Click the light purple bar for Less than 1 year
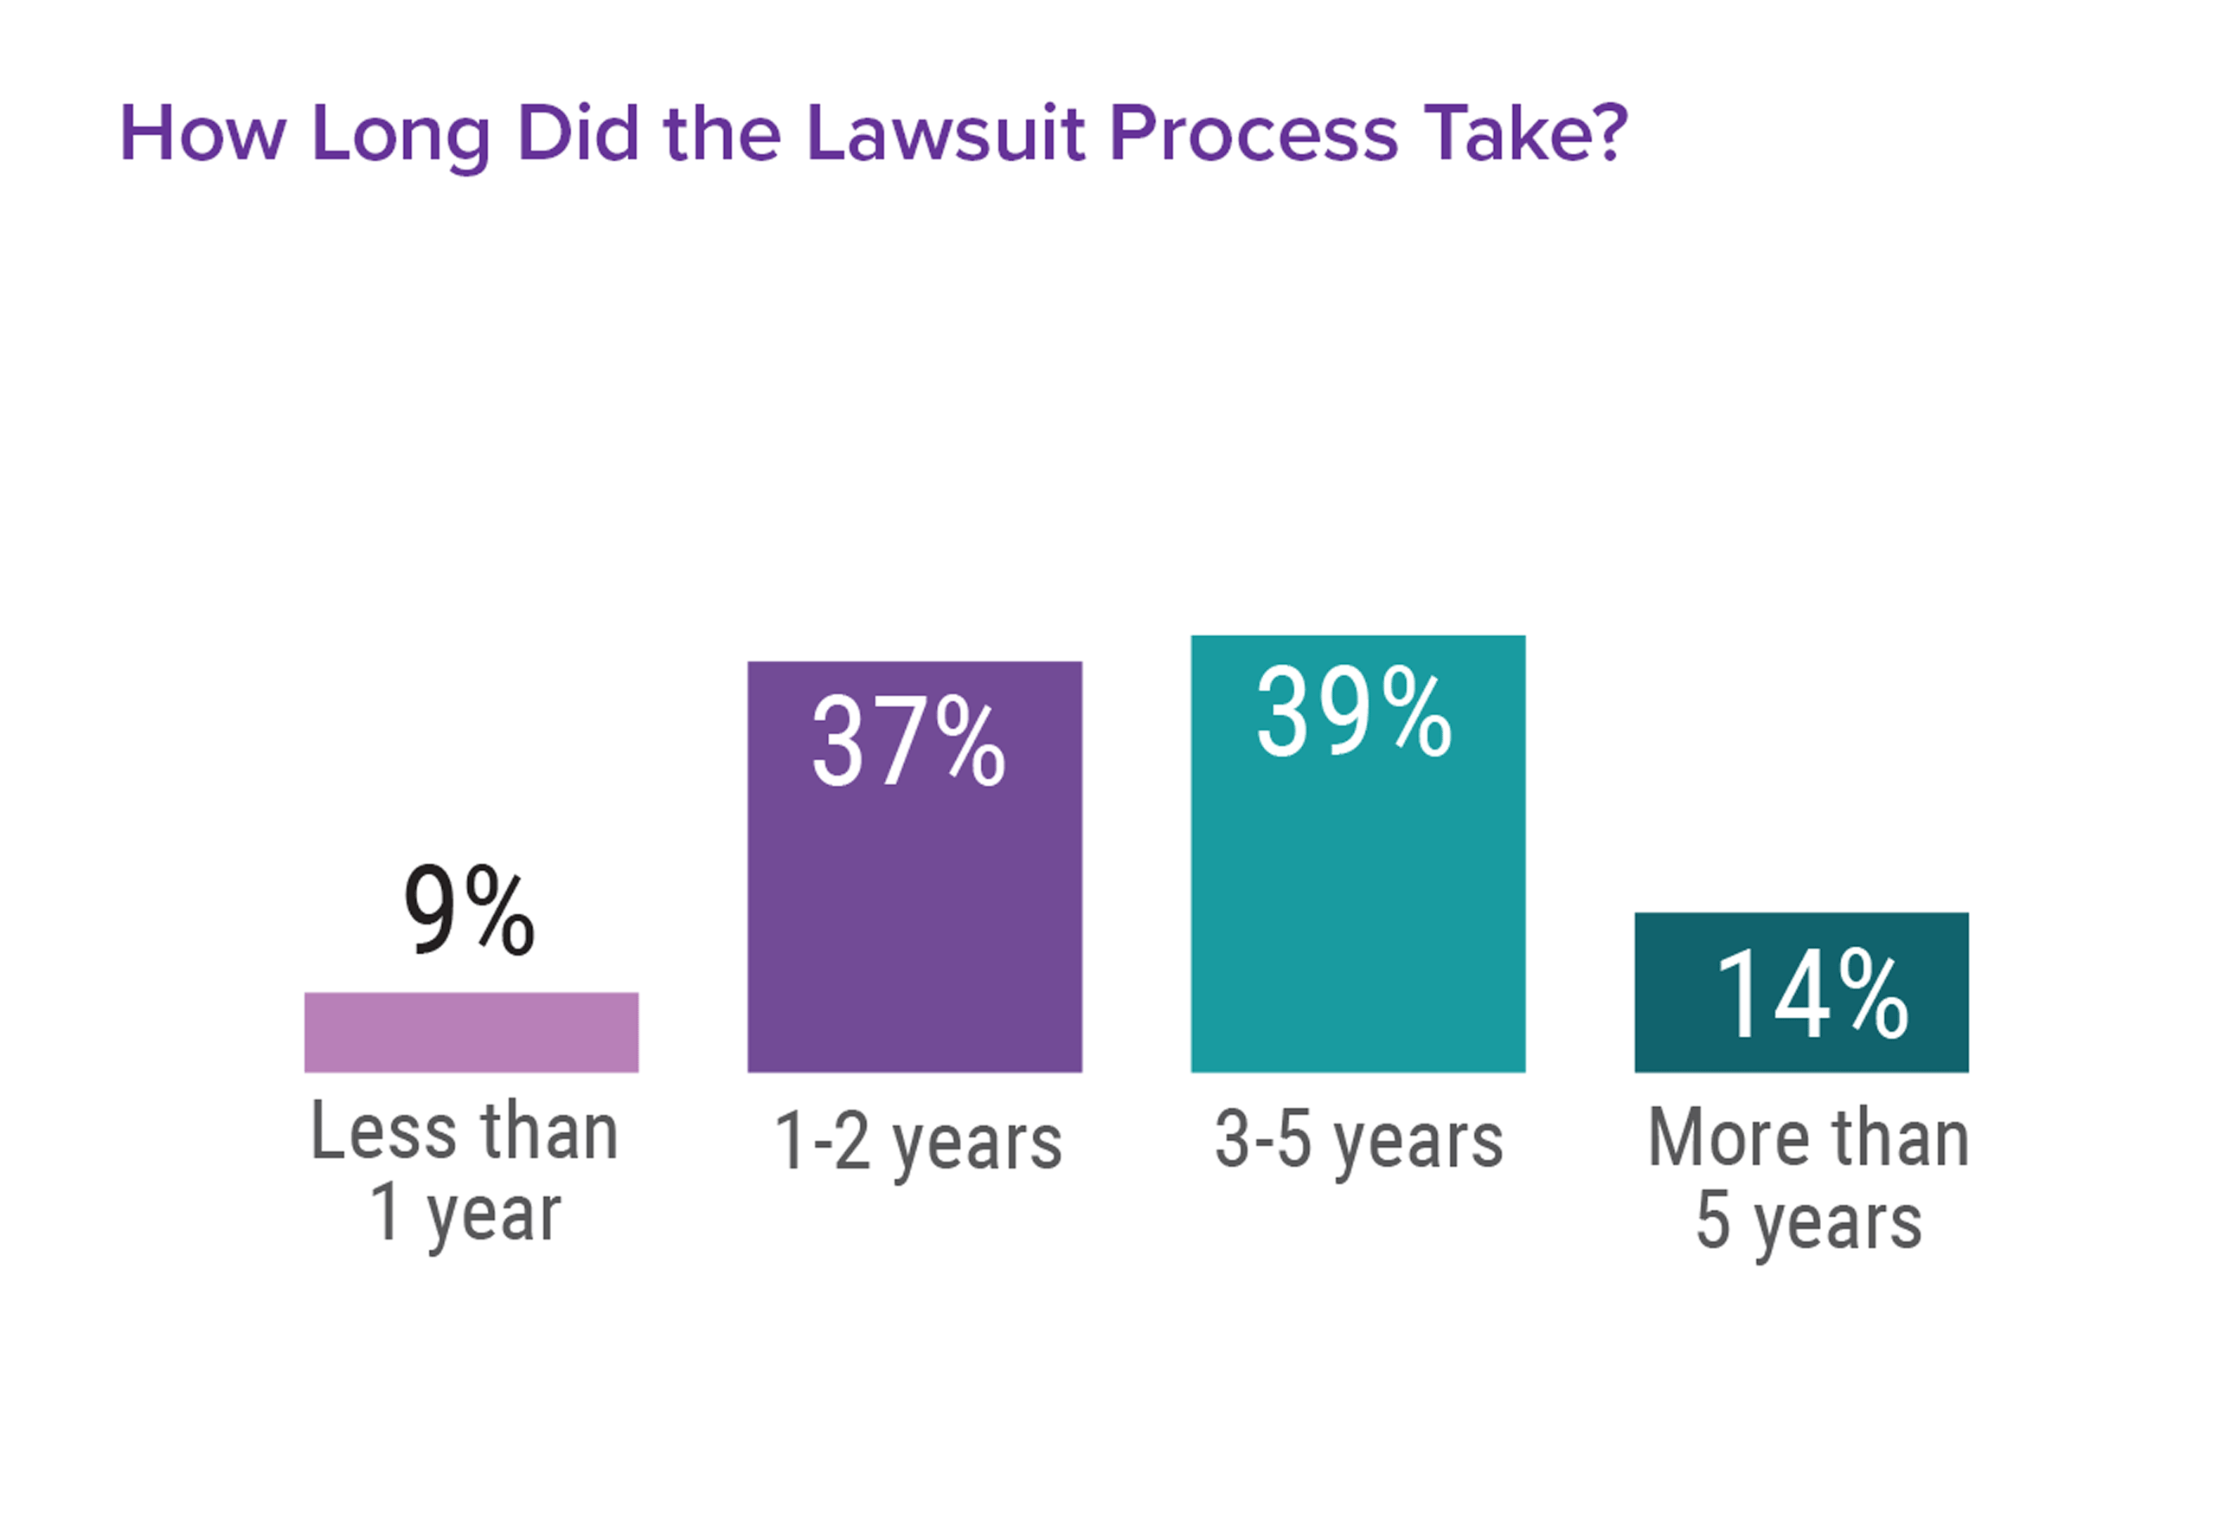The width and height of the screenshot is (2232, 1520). pos(471,1032)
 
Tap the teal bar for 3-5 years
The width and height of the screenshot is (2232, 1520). pos(1357,893)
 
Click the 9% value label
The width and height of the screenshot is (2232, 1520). pos(468,909)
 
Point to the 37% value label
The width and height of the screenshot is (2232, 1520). pos(908,742)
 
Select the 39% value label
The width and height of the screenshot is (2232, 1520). pos(1353,713)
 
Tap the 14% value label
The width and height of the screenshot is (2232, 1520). pos(1812,994)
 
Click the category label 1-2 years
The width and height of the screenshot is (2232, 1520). pos(917,1143)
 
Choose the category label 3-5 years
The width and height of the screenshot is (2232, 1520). pos(1358,1141)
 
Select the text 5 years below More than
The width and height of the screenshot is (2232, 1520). pos(1808,1221)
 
